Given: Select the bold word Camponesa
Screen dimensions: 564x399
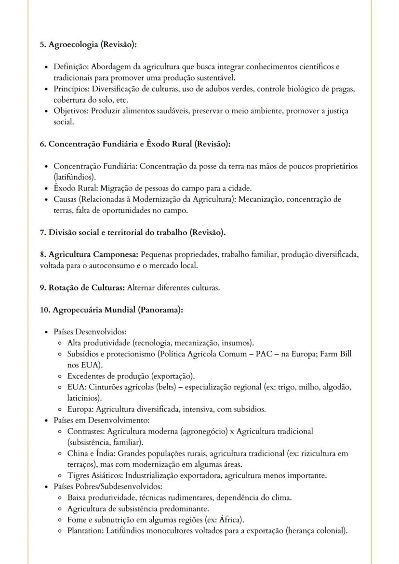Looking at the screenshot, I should click(x=115, y=254).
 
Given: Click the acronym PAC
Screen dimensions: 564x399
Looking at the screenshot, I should click(x=273, y=354).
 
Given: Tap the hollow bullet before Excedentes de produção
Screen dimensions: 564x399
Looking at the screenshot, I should click(x=59, y=376).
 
